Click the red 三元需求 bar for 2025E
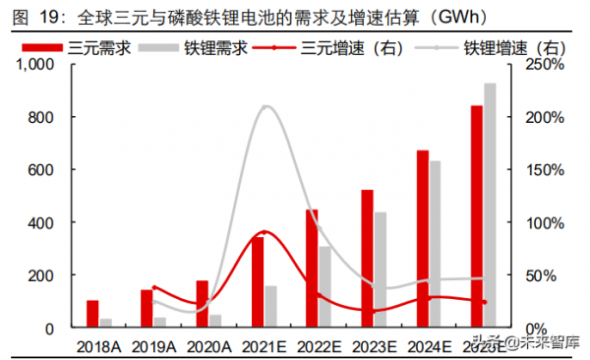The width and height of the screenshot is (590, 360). pyautogui.click(x=476, y=216)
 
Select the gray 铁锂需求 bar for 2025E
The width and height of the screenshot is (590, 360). pyautogui.click(x=490, y=206)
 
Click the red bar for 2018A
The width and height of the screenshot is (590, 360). pyautogui.click(x=92, y=314)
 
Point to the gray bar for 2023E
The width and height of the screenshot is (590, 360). pyautogui.click(x=380, y=270)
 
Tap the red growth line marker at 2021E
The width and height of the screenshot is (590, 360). pyautogui.click(x=265, y=232)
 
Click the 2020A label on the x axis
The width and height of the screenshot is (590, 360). pyautogui.click(x=208, y=345)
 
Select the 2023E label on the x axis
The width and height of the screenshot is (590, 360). pyautogui.click(x=375, y=345)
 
